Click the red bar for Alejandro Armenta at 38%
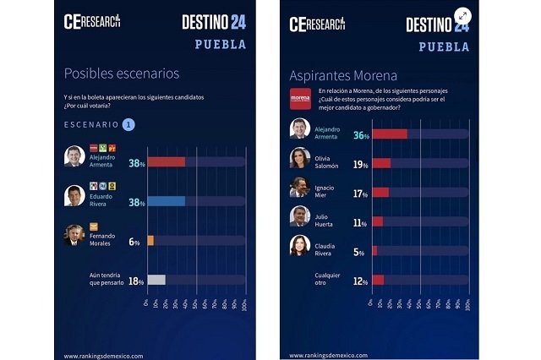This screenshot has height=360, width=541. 166,162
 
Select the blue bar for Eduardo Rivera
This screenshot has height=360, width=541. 166,201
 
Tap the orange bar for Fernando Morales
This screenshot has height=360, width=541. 150,241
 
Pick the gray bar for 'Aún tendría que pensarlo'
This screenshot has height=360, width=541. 156,280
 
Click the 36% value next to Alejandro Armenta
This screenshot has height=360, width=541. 361,134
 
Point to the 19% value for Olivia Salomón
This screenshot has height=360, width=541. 361,164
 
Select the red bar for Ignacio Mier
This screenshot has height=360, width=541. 380,193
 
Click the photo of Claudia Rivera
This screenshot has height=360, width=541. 299,246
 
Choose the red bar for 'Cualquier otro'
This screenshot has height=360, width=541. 378,280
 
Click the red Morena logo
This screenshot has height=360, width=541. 301,98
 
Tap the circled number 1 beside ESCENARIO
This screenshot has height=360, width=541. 128,124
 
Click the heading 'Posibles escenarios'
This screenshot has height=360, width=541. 122,74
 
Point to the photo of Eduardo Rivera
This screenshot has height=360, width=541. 74,196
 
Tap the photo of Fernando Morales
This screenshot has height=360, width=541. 74,236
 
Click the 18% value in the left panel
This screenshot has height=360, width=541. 134,281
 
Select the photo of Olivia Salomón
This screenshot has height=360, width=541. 299,158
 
